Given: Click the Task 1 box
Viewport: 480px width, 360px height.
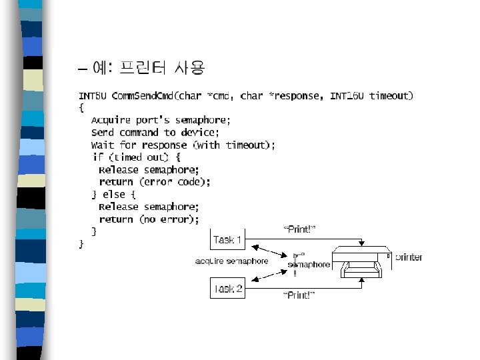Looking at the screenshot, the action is (228, 239).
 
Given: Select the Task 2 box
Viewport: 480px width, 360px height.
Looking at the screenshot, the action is (228, 289).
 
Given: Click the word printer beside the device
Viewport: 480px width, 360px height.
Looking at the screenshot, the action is (409, 257).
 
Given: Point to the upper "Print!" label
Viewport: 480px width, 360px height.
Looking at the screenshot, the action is (299, 229).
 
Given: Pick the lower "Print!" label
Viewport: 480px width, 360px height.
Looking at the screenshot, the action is (299, 295).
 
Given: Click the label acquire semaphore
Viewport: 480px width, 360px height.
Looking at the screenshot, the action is (231, 261).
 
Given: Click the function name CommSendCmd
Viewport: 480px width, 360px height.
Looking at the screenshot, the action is (143, 96).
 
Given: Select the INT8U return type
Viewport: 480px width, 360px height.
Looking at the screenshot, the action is (93, 96).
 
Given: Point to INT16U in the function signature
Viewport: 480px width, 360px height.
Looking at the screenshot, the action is (347, 96).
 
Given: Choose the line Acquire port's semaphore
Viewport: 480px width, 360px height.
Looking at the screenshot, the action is (161, 121).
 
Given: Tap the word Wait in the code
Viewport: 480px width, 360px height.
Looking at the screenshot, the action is (102, 145).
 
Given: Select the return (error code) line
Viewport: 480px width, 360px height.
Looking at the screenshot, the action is (155, 182).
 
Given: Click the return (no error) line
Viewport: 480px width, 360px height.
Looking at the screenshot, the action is (149, 219).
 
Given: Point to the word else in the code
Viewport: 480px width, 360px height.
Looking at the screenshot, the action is (113, 195).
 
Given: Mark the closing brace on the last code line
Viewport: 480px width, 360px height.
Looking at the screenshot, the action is (81, 244).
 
